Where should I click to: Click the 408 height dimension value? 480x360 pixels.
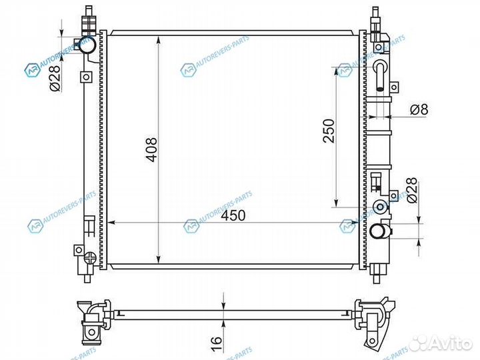click(x=152, y=149)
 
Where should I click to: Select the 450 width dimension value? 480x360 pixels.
click(x=233, y=215)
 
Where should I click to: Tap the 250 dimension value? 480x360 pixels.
click(x=329, y=131)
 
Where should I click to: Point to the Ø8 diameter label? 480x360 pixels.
click(x=419, y=109)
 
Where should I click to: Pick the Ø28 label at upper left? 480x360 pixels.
click(x=55, y=77)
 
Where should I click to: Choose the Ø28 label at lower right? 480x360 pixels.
click(x=413, y=190)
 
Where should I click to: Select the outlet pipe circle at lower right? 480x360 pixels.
click(x=379, y=231)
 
